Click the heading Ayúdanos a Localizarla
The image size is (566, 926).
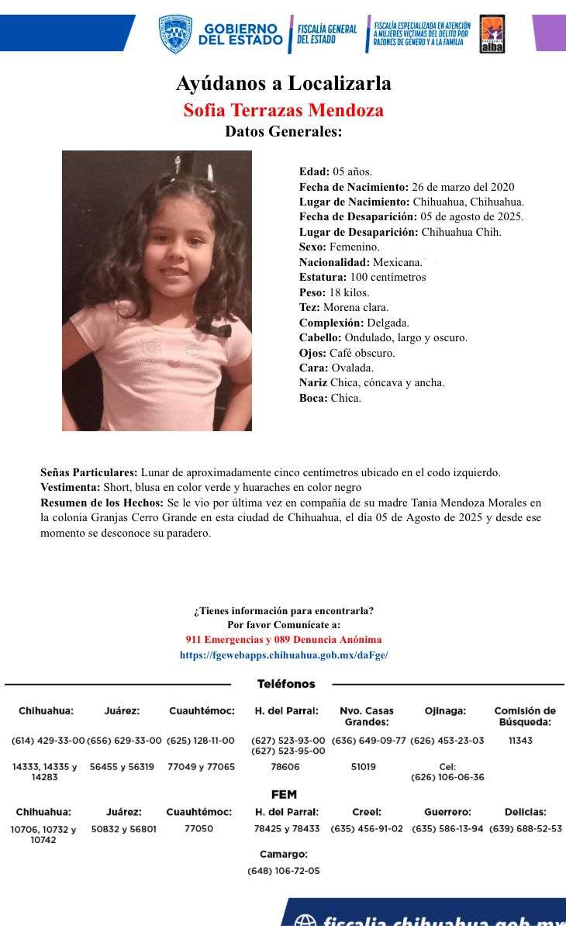coord(283,83)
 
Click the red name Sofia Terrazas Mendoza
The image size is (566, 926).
coord(283,110)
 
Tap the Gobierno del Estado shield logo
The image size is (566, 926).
coord(175,34)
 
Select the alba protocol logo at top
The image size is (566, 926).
coord(492,34)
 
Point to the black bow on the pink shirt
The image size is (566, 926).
coord(214,328)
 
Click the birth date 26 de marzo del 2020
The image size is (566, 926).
coord(462,187)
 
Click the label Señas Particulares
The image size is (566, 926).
coord(89,472)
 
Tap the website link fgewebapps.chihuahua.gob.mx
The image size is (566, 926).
coord(283,655)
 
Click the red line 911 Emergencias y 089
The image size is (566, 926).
coord(283,640)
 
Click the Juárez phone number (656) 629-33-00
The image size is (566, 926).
coord(124,741)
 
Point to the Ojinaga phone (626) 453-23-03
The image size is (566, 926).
coord(447,741)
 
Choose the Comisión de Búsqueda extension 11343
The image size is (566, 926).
coord(520,741)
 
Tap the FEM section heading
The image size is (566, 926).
coord(284,795)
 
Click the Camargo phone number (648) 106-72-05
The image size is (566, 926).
coord(284,871)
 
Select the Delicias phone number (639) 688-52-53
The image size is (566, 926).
coord(525,829)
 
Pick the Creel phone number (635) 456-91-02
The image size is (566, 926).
coord(367,829)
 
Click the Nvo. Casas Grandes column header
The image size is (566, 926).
coord(367,716)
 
